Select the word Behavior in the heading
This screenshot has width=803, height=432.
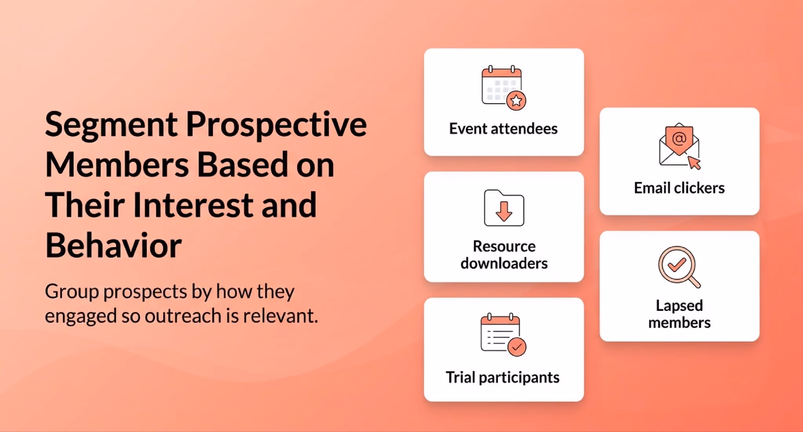pos(113,245)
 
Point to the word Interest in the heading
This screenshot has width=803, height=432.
pos(193,205)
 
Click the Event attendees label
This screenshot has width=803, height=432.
pos(503,129)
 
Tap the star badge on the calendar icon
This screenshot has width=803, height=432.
pos(516,101)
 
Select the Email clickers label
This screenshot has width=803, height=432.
pos(679,188)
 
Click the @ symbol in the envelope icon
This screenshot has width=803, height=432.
pos(679,138)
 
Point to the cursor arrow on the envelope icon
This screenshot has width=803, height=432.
pos(694,163)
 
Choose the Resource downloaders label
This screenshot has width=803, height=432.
pos(504,255)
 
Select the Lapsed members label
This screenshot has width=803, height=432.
pos(679,314)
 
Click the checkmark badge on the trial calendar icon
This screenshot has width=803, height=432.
pos(517,347)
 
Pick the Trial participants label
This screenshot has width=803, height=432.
pos(503,378)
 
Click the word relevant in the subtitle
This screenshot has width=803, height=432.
pos(280,316)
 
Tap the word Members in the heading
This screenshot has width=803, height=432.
pos(117,165)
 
